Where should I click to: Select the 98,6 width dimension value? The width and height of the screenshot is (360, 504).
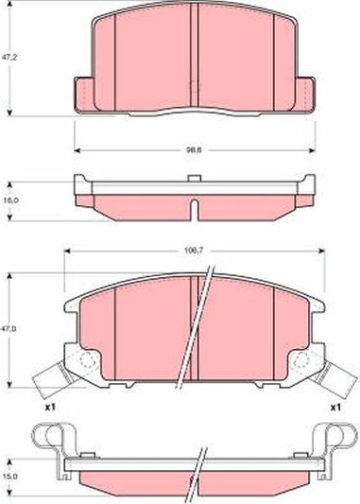pos(195,149)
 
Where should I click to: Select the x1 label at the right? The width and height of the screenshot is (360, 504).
pos(334,407)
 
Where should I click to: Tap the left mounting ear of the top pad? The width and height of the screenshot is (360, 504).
pos(85,93)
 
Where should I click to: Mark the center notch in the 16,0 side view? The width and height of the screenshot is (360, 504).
pos(193,206)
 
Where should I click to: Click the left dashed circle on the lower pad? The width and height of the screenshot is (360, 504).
pos(86,362)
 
